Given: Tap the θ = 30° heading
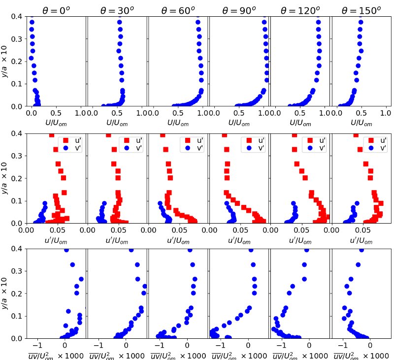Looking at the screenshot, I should (117, 10).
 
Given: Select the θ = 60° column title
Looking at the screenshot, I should (178, 10).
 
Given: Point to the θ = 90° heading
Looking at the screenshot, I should (239, 10).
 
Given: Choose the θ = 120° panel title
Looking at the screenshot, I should (300, 10).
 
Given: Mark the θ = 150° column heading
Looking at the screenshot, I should (361, 10).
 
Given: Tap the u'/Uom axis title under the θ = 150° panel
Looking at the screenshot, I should (361, 240).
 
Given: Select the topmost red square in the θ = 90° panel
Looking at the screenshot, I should (225, 135).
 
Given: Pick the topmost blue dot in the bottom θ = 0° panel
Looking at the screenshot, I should (66, 251).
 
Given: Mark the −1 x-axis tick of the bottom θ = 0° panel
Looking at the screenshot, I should (38, 346).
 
